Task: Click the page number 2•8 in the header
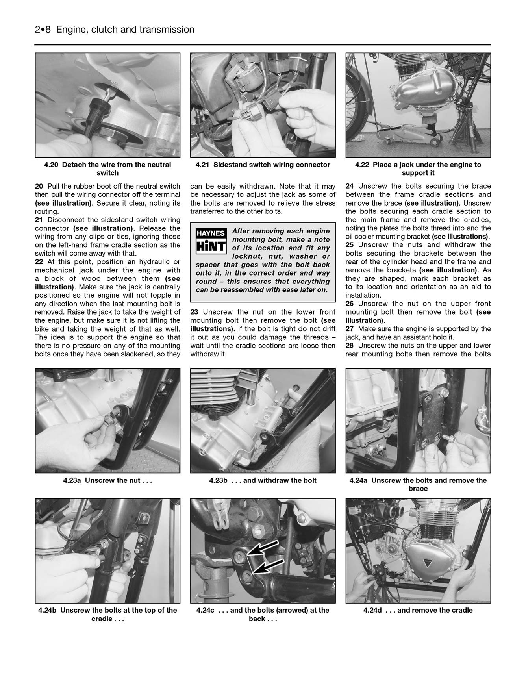click(43, 30)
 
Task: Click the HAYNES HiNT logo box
click(211, 241)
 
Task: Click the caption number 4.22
click(362, 165)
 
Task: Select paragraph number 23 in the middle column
click(194, 312)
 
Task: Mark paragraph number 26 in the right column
click(350, 304)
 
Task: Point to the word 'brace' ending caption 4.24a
click(418, 489)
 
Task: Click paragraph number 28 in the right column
click(350, 346)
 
